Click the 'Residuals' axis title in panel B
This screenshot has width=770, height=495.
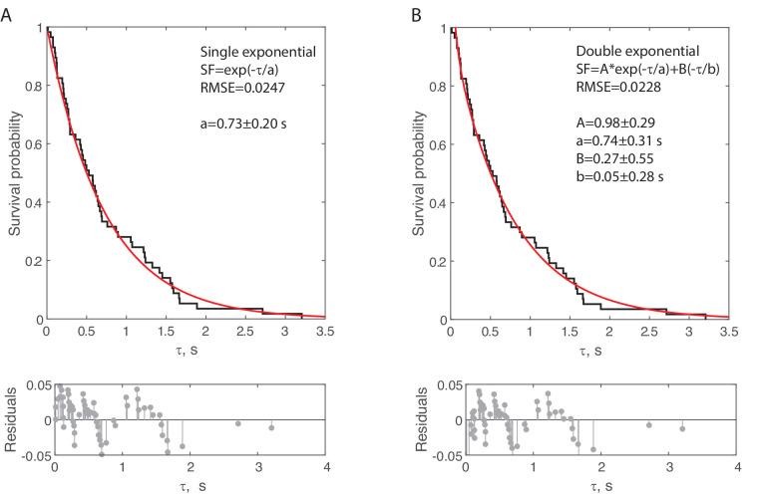pos(422,419)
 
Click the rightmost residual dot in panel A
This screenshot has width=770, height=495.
pos(271,428)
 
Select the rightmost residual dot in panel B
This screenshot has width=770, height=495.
pos(682,428)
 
